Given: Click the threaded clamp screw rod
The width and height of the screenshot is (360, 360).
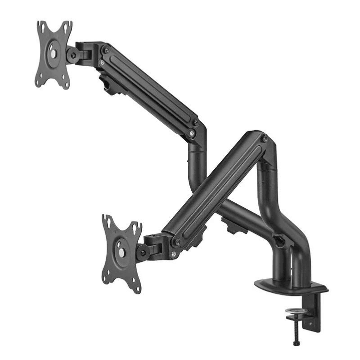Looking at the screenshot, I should point(295,328).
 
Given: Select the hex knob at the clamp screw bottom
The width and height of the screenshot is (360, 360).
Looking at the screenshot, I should point(296,344).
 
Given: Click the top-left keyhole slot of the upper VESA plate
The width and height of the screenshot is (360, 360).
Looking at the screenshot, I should point(42,26).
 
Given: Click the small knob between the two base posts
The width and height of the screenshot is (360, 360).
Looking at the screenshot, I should point(282,241).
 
